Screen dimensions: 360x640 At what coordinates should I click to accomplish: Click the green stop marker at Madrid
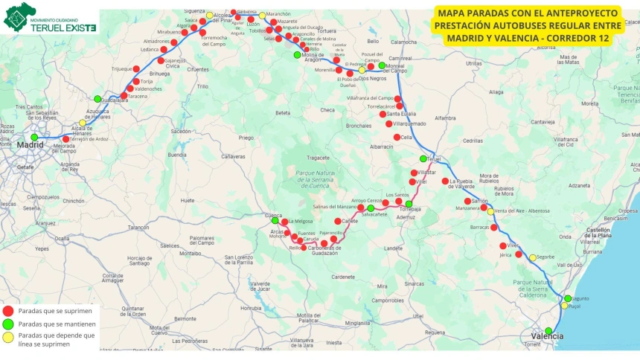pyautogui.click(x=34, y=137)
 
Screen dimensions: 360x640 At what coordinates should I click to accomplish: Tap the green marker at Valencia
pyautogui.click(x=548, y=331)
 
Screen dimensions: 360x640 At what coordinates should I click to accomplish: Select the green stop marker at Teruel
pyautogui.click(x=423, y=158)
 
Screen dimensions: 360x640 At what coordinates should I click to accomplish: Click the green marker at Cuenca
pyautogui.click(x=275, y=220)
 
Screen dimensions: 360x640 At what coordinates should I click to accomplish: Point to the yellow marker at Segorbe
pyautogui.click(x=533, y=257)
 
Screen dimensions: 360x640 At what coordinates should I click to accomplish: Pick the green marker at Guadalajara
pyautogui.click(x=97, y=99)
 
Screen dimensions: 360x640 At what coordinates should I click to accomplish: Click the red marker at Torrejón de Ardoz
pyautogui.click(x=66, y=139)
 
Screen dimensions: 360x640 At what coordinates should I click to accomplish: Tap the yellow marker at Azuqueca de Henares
pyautogui.click(x=83, y=123)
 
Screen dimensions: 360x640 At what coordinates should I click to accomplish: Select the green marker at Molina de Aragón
pyautogui.click(x=298, y=54)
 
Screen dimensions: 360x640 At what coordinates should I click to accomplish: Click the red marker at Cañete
pyautogui.click(x=338, y=221)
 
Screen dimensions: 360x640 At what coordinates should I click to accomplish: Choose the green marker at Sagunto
pyautogui.click(x=568, y=298)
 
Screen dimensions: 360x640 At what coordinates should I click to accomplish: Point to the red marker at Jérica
pyautogui.click(x=519, y=254)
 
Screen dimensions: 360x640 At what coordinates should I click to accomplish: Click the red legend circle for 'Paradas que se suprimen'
pyautogui.click(x=7, y=311)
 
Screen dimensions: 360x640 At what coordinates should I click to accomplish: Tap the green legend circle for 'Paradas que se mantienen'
pyautogui.click(x=7, y=324)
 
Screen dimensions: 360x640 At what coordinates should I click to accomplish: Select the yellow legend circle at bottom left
pyautogui.click(x=7, y=338)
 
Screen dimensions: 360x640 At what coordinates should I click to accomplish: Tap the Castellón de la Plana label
pyautogui.click(x=604, y=234)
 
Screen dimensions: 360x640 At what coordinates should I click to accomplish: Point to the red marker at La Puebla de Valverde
pyautogui.click(x=445, y=181)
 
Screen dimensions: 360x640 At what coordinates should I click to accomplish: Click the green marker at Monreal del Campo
pyautogui.click(x=382, y=65)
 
